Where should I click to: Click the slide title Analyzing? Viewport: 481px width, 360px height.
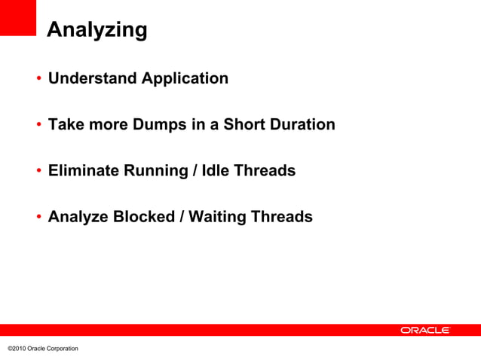pos(97,31)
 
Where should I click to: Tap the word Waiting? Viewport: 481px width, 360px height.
pos(217,218)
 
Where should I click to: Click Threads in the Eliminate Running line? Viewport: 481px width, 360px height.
pos(265,171)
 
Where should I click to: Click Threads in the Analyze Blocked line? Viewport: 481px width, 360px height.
pos(281,218)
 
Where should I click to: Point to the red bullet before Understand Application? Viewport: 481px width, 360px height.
pos(38,79)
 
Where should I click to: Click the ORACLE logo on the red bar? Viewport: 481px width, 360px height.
pos(424,330)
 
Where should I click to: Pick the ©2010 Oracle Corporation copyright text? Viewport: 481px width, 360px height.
pos(42,348)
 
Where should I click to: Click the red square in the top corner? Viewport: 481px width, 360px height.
pos(18,17)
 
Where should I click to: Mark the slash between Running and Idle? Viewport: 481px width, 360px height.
pos(195,171)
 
